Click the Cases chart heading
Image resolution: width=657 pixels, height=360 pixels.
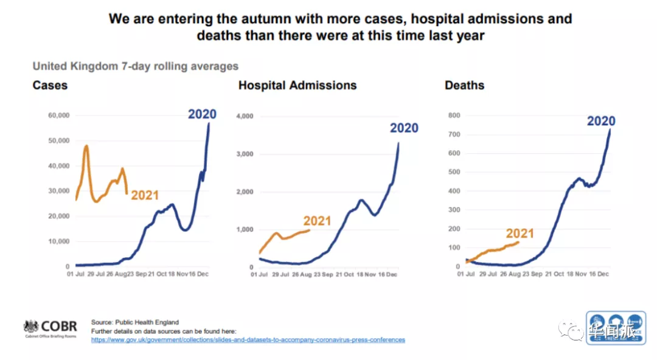pos(50,85)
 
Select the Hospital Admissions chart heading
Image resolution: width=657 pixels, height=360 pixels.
pos(297,85)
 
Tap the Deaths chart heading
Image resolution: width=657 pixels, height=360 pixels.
pos(464,85)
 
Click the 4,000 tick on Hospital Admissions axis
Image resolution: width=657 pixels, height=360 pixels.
pos(243,116)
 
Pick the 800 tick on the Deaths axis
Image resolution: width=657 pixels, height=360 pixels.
pos(454,116)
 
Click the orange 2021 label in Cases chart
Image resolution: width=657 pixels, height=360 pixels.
pos(145,195)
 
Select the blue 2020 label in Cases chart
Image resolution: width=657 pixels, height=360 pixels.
pos(202,114)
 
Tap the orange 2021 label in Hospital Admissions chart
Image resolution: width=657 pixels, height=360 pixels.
pos(317,221)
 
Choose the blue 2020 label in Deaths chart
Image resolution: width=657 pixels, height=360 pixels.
pos(601,121)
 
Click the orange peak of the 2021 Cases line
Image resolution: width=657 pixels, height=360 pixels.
pos(86,146)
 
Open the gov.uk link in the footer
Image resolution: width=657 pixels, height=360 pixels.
pos(248,340)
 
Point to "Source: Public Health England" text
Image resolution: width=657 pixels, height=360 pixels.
pos(135,322)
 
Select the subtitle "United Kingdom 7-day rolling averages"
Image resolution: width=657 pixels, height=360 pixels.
pos(135,66)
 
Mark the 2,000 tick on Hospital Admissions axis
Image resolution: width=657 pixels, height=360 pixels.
pos(243,192)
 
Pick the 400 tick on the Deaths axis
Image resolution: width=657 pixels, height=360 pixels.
pos(454,191)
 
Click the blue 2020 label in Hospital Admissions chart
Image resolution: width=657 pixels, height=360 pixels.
pos(404,128)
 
